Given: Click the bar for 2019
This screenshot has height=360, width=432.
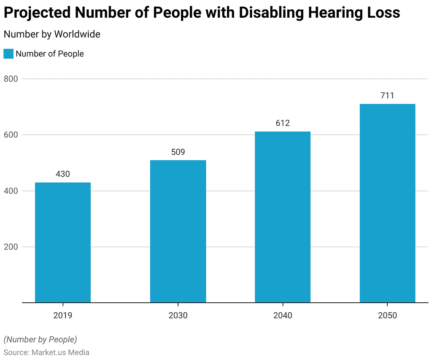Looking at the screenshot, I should (x=63, y=242).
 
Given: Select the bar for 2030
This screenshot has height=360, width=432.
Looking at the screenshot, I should (x=178, y=231).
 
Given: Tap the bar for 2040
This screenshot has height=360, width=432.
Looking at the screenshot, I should (x=283, y=217).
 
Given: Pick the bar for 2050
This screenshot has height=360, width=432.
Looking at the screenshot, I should (x=387, y=203).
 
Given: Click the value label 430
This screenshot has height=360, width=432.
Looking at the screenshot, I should (x=63, y=174).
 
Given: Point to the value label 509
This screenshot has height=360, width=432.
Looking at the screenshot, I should (x=178, y=152).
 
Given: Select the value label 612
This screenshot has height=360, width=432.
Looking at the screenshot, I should (x=283, y=123).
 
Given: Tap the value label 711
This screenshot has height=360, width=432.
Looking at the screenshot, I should (x=387, y=95).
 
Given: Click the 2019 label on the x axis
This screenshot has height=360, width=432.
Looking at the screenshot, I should (x=63, y=315).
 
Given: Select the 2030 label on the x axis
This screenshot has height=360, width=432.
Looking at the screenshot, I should (x=178, y=315).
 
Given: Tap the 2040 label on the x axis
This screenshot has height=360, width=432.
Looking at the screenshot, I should (x=283, y=315).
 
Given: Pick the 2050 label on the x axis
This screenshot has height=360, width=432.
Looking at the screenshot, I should (x=387, y=315).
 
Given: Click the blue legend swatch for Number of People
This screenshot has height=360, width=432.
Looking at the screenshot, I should (x=8, y=54).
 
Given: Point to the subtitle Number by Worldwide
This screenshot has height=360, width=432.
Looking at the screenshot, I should (x=52, y=35).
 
